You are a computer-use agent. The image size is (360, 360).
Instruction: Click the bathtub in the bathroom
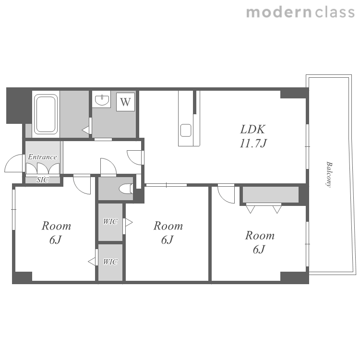coord(46,114)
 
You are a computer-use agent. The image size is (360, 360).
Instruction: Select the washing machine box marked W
coord(125,102)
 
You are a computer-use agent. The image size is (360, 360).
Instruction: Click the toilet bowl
coord(126,189)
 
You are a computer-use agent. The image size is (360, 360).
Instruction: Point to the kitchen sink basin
coord(186,130)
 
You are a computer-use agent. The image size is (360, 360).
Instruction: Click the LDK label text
coord(253,129)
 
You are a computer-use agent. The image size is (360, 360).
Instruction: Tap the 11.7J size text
coord(253,143)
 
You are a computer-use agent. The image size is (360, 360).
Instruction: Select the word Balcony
coord(329,175)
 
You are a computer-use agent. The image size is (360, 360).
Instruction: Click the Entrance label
coord(42,157)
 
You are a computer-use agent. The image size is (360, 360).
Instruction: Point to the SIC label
coord(42,180)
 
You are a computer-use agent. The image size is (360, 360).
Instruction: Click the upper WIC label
coord(110,222)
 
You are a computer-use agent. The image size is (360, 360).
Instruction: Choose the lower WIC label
coord(110,262)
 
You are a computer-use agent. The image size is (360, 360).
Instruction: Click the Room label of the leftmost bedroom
coord(56,226)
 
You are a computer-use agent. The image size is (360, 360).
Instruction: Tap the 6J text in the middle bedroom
coord(168,240)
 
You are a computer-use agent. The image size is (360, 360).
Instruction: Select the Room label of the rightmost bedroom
coord(260,235)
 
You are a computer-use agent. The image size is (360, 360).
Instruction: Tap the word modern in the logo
coord(279,12)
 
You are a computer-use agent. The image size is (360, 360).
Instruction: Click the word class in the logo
coord(335,12)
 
